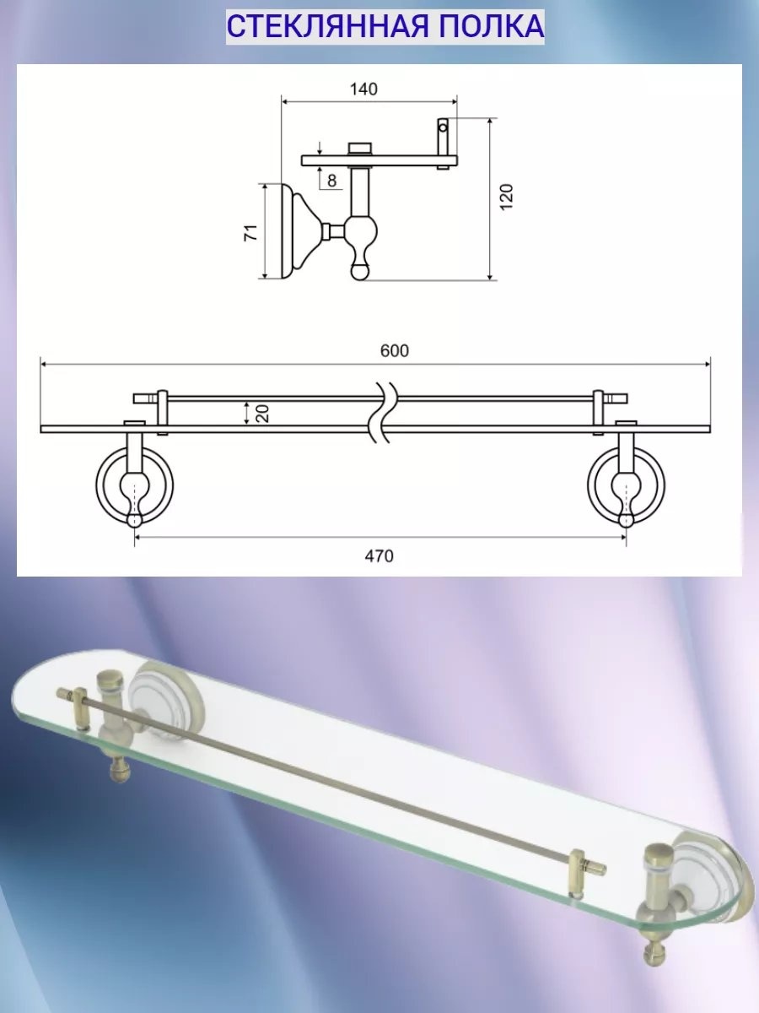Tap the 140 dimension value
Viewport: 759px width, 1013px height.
pos(363,89)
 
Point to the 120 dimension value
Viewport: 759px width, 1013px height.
pos(506,197)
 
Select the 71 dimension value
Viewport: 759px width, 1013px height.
pos(250,233)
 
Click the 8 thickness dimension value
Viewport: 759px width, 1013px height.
pos(331,181)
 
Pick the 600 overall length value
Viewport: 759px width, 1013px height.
pos(395,350)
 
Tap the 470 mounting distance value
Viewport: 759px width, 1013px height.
pos(379,556)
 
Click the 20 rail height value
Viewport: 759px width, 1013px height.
pos(262,413)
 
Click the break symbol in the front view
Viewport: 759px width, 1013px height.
pos(384,412)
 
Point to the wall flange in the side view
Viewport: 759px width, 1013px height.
pos(299,230)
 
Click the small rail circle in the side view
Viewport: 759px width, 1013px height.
pos(443,127)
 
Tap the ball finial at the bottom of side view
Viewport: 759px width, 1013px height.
pos(359,273)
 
